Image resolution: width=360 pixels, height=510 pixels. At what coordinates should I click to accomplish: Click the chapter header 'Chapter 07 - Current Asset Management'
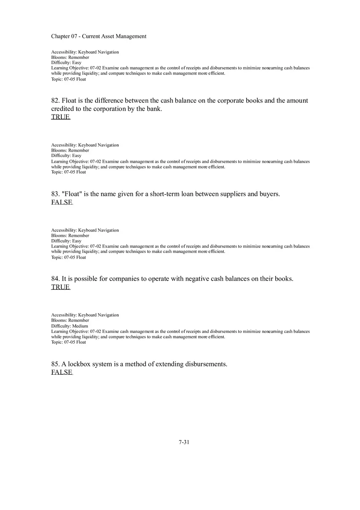[x=99, y=36]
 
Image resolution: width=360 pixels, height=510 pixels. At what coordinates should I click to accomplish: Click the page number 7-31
[x=184, y=442]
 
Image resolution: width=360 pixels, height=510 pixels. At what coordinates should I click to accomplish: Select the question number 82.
[x=55, y=101]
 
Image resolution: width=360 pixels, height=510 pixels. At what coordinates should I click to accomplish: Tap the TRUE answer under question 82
[x=61, y=117]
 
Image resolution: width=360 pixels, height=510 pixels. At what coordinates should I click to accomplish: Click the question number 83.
[x=55, y=194]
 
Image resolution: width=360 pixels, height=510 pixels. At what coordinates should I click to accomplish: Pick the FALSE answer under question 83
[x=62, y=202]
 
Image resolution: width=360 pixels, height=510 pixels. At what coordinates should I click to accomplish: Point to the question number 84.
[x=55, y=279]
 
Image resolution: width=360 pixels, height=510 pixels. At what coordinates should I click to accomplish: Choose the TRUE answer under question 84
[x=61, y=287]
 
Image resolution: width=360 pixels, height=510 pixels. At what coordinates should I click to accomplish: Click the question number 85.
[x=55, y=364]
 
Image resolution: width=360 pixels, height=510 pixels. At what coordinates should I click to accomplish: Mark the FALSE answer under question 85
[x=62, y=372]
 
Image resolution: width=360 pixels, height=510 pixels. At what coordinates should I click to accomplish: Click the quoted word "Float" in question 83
[x=72, y=194]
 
